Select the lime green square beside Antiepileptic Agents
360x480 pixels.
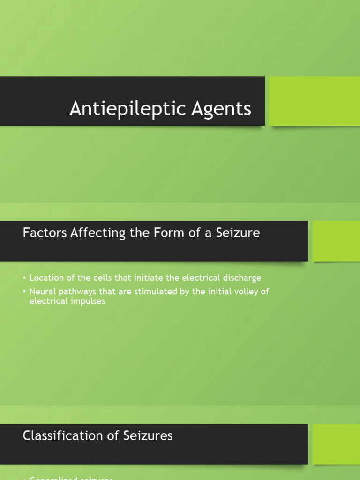point(315,101)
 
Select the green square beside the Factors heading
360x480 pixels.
point(336,240)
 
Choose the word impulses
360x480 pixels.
point(89,301)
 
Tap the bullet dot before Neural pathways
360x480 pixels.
point(25,292)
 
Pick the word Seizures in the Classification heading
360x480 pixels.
point(148,436)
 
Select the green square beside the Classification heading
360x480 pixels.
point(336,443)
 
